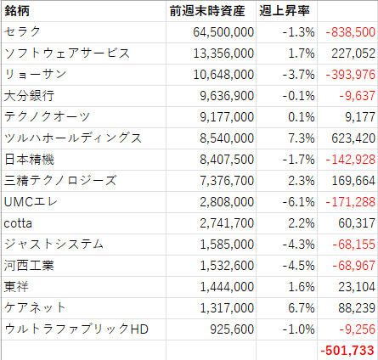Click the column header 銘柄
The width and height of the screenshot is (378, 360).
click(17, 11)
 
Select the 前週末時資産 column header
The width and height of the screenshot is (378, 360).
click(207, 11)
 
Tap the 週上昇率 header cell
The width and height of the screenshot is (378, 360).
click(285, 11)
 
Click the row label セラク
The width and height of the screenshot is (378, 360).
click(23, 31)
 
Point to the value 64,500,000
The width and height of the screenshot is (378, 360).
click(223, 32)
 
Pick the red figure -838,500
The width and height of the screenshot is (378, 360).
click(350, 32)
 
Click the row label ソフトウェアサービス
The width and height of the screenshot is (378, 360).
click(67, 53)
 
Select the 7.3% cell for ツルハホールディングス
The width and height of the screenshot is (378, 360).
click(302, 138)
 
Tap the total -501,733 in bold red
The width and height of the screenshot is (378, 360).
click(347, 351)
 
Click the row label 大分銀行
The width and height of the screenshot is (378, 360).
click(29, 96)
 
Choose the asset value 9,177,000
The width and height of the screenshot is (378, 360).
click(227, 117)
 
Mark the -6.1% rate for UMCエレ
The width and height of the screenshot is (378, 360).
click(298, 202)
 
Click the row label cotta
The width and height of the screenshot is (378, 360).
click(18, 223)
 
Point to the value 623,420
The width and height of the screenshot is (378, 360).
click(353, 138)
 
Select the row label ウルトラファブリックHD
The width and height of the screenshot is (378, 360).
click(76, 329)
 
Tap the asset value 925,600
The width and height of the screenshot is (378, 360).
click(232, 329)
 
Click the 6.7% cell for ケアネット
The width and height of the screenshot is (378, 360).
click(302, 308)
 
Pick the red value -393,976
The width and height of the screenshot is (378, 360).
click(350, 75)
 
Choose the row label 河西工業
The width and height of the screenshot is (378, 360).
click(29, 266)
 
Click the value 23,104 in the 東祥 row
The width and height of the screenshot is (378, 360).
click(357, 287)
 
